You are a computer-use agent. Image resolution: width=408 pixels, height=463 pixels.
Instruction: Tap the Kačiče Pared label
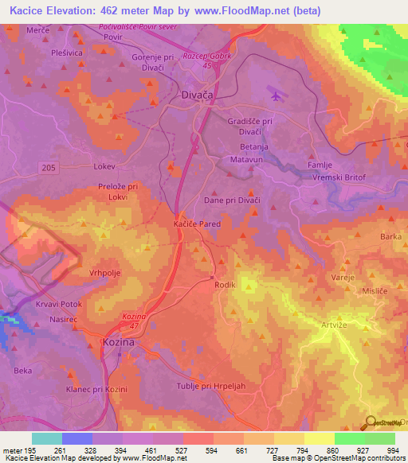(x=197, y=225)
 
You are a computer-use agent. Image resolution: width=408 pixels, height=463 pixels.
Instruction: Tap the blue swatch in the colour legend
(x=76, y=438)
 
